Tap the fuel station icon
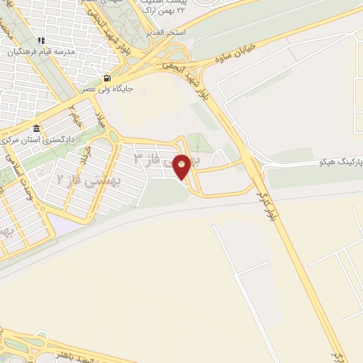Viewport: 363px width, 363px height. (x=107, y=78)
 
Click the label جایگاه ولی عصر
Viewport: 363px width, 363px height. (x=106, y=90)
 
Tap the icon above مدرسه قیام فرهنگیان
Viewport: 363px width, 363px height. (x=41, y=40)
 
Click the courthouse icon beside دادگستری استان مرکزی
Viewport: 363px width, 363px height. (x=36, y=128)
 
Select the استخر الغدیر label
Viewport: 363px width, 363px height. (x=164, y=33)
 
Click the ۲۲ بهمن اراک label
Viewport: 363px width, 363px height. (x=164, y=12)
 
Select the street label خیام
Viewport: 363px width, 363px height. (x=74, y=117)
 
